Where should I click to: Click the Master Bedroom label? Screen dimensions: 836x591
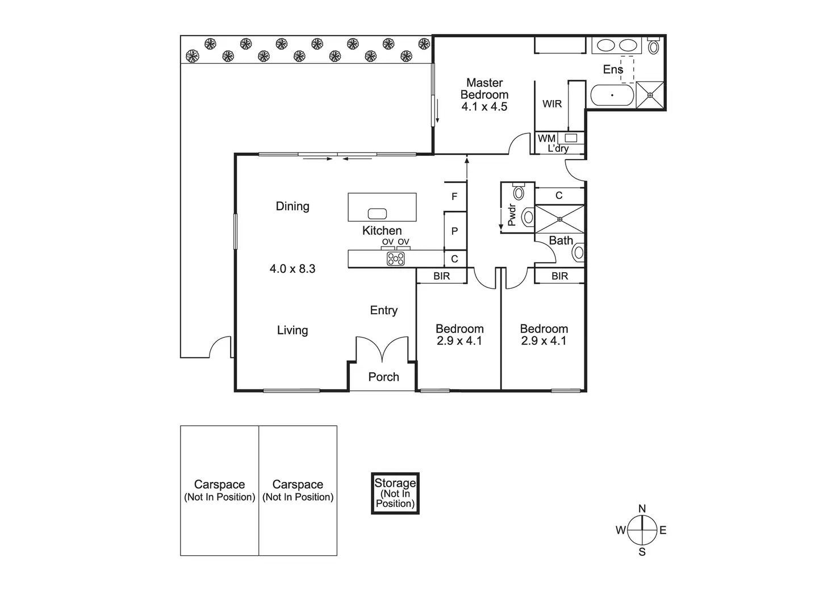(484, 89)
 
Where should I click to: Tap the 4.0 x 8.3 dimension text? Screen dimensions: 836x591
(292, 269)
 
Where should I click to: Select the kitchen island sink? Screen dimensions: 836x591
(377, 214)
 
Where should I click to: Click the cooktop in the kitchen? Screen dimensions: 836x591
(396, 259)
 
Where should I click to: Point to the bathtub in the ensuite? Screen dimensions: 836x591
(612, 95)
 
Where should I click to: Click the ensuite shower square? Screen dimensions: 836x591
(650, 95)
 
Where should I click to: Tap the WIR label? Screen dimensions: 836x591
(552, 104)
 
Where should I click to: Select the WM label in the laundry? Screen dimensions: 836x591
(546, 138)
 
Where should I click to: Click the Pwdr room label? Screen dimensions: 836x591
(511, 215)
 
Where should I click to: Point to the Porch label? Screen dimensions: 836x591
(383, 377)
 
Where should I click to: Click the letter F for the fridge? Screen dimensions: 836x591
(454, 197)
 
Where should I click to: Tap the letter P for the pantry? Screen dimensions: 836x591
(454, 231)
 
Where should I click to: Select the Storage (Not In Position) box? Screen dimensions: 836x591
(395, 493)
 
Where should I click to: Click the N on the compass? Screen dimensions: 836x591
(642, 509)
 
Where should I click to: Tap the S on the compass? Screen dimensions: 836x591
(642, 552)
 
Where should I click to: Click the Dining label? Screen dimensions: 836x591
(292, 206)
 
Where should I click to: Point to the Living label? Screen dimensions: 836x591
(292, 330)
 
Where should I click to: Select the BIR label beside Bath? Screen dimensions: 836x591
(559, 276)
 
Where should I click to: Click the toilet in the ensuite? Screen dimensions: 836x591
(654, 46)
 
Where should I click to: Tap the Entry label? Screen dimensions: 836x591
(383, 310)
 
